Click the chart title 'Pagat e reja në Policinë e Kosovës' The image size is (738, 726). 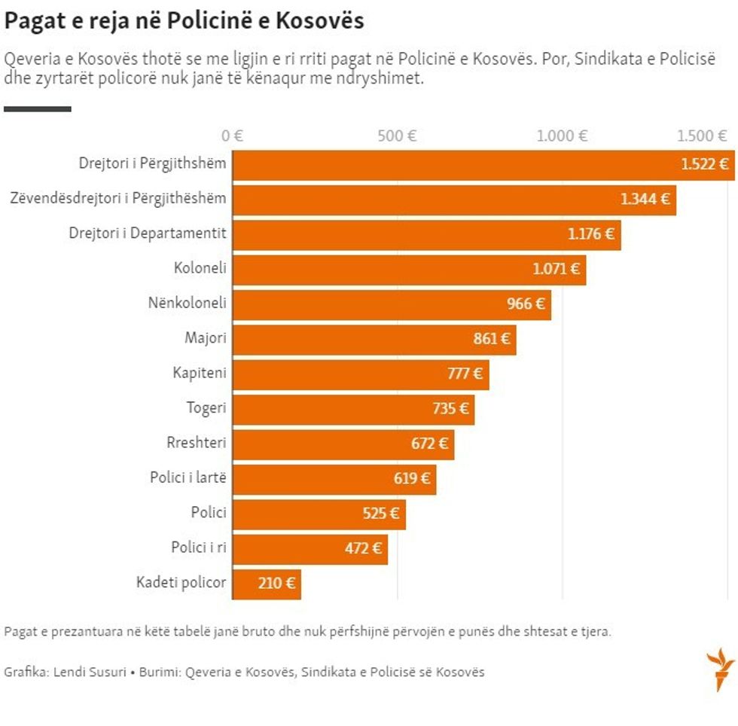184,21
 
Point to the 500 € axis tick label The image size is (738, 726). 397,136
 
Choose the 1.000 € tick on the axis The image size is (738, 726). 562,136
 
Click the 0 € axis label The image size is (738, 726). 232,136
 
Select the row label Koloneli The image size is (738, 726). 200,268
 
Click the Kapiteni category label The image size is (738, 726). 199,373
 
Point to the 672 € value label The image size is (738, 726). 429,444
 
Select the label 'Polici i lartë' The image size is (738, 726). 188,477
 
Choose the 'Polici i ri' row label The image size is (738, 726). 198,548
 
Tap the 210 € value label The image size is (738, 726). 276,583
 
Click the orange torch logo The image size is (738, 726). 720,668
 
